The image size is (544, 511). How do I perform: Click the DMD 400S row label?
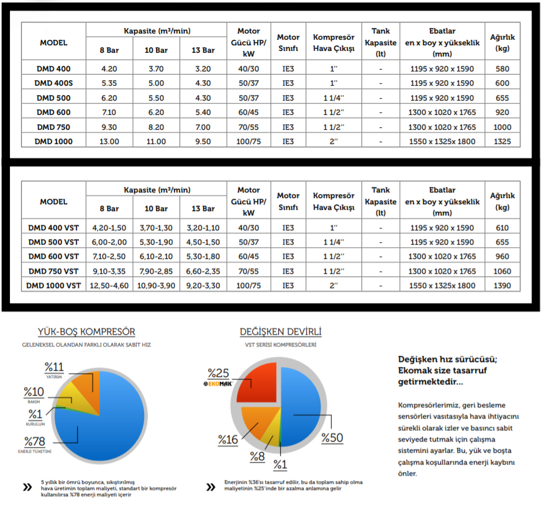(x=53, y=83)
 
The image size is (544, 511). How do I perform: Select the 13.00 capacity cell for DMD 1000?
(x=109, y=142)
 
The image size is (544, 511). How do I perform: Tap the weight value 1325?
(x=502, y=142)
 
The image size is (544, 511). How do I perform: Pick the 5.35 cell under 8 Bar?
(x=109, y=83)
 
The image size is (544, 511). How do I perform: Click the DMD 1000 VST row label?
(x=53, y=286)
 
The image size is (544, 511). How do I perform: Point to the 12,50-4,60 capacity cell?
(x=109, y=286)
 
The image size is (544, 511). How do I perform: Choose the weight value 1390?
(x=502, y=286)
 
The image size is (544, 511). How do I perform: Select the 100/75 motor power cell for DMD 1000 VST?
(x=248, y=286)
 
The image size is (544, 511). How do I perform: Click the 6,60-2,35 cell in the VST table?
(x=203, y=271)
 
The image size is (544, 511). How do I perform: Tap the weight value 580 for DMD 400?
(x=502, y=68)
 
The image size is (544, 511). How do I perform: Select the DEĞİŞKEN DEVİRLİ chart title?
(x=281, y=332)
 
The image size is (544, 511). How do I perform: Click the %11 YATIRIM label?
(x=55, y=367)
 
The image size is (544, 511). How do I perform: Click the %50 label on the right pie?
(x=332, y=438)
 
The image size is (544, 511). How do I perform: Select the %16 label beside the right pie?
(x=228, y=440)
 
